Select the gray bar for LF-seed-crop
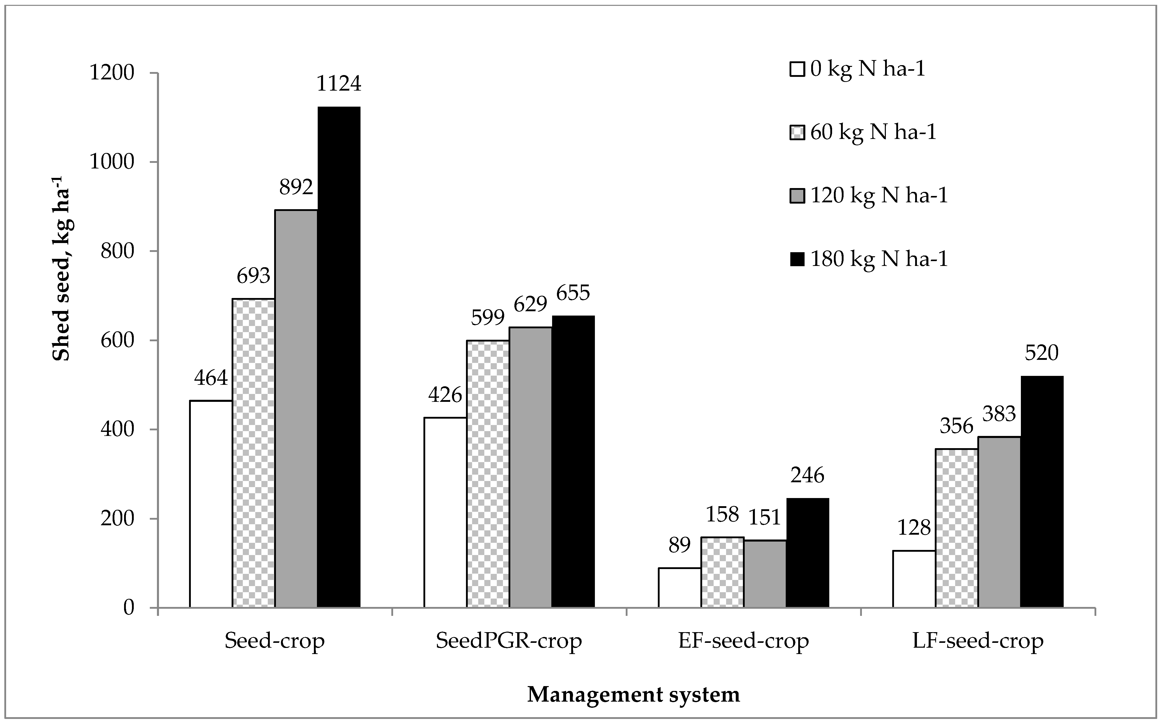pos(999,522)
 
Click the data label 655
pos(573,293)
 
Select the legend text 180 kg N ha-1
pos(879,259)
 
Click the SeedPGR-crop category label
pos(509,641)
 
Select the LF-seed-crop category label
pos(978,641)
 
